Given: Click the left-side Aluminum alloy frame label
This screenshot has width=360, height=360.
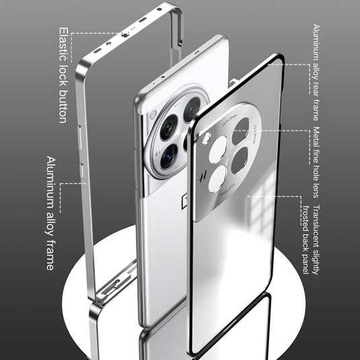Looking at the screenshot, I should (x=50, y=213).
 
